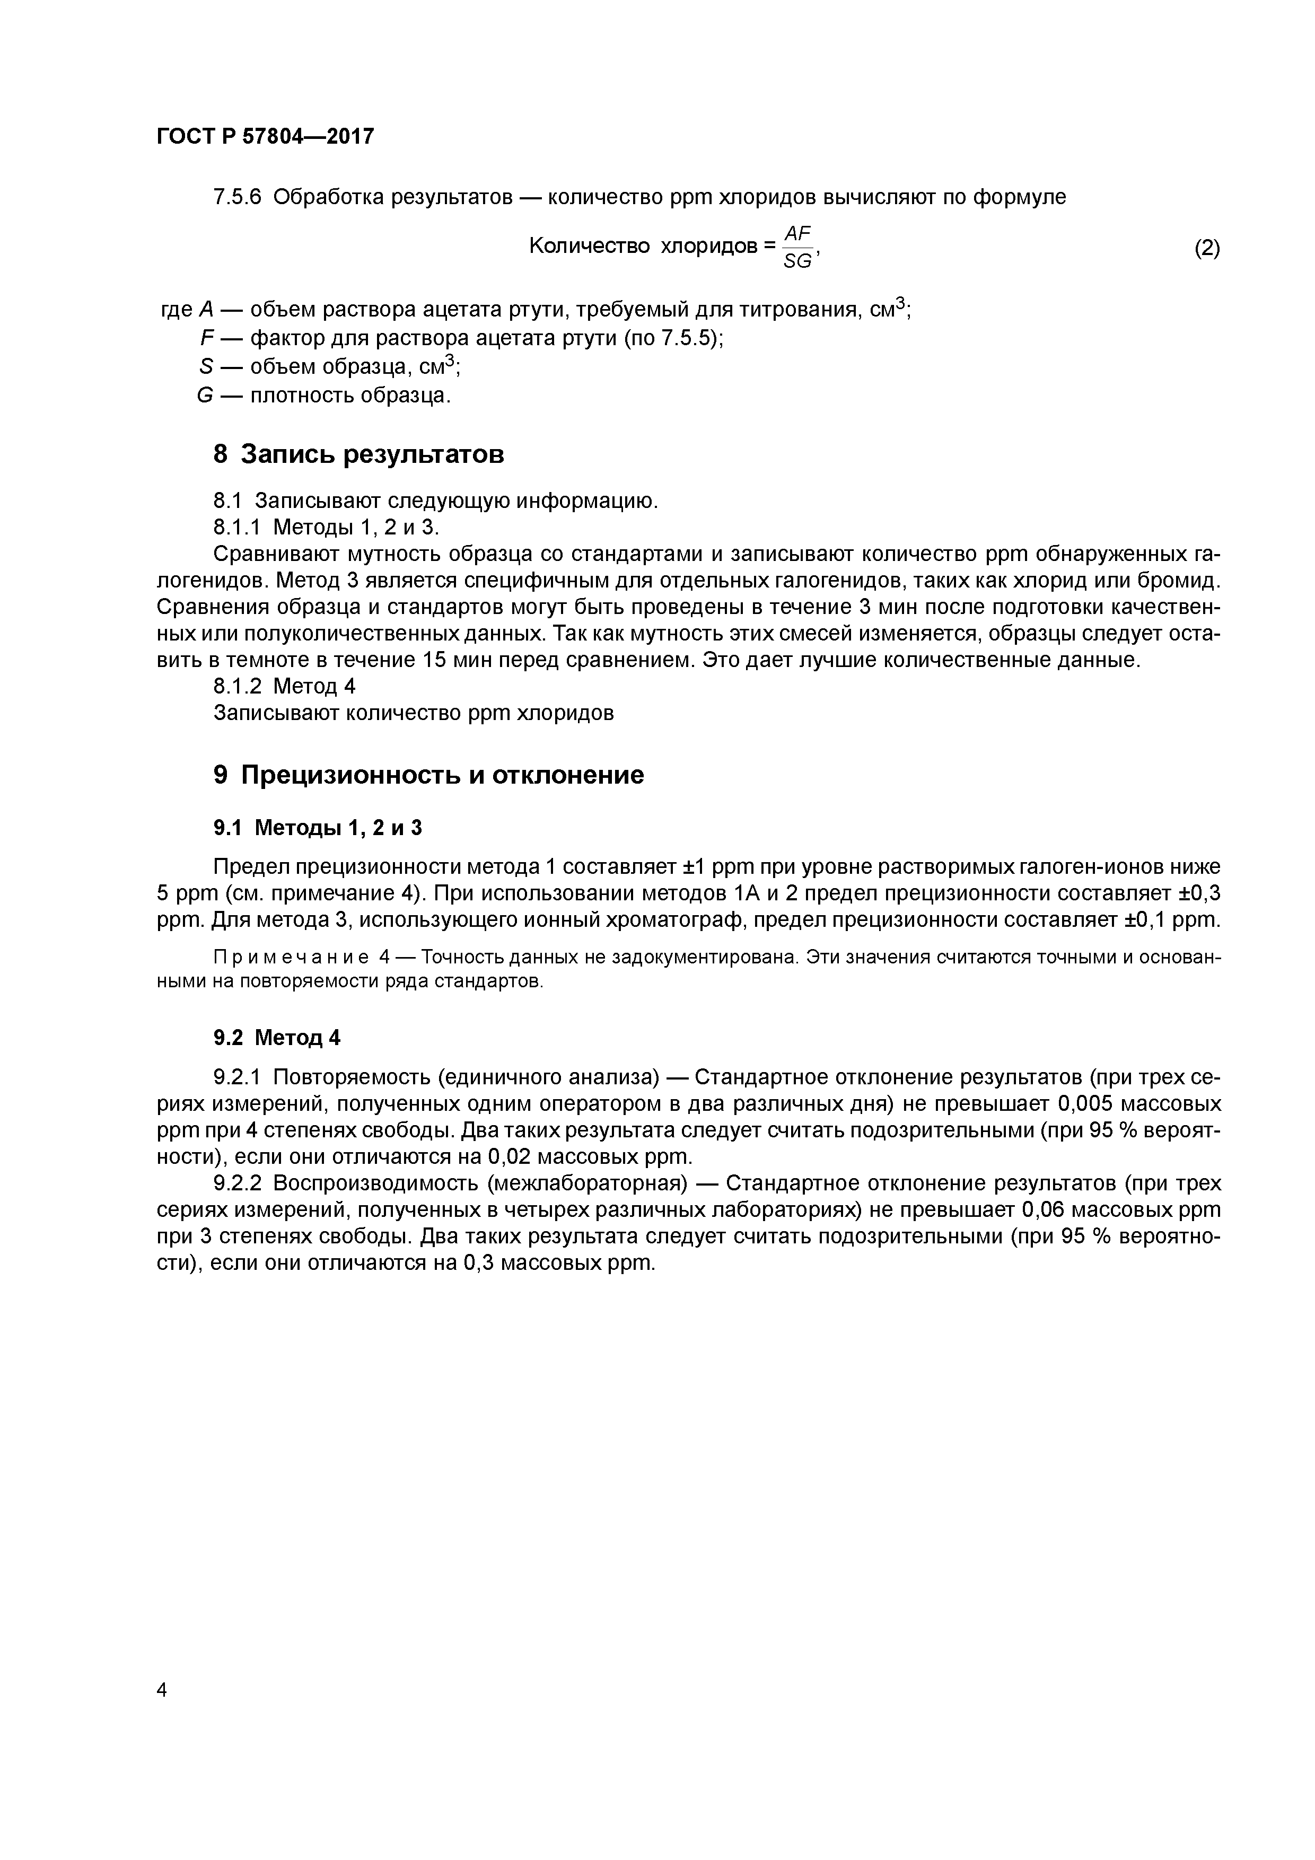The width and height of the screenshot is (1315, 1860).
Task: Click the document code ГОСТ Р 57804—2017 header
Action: pyautogui.click(x=265, y=136)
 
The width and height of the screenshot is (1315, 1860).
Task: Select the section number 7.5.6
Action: pyautogui.click(x=238, y=197)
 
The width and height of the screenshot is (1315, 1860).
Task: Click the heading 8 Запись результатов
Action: pyautogui.click(x=358, y=454)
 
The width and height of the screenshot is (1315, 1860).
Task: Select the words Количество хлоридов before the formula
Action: pyautogui.click(x=643, y=246)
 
